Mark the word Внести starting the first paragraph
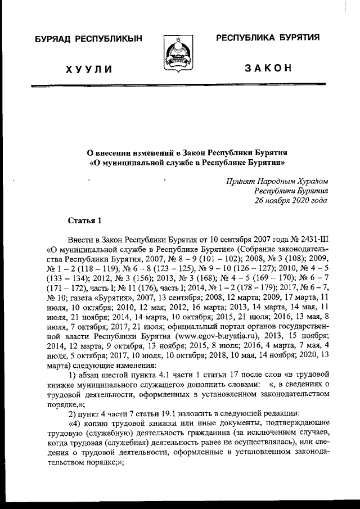pos(80,239)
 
